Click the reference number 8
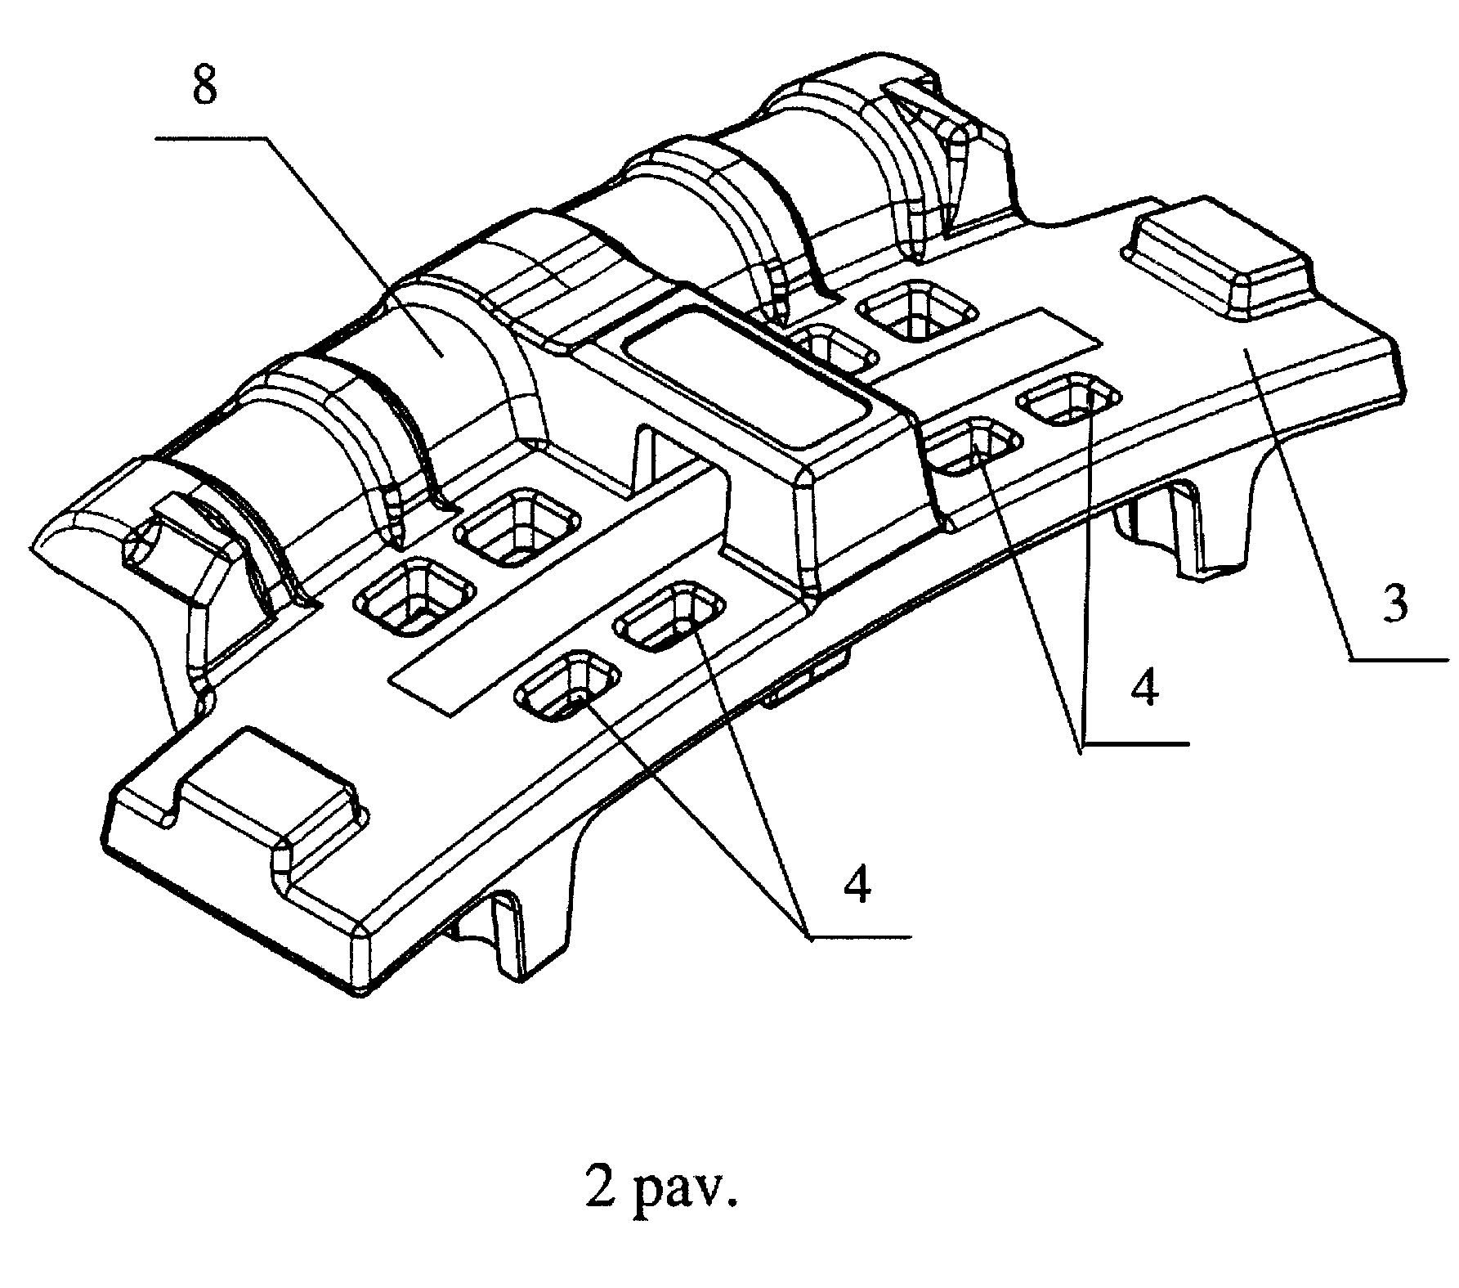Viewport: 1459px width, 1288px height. click(x=204, y=87)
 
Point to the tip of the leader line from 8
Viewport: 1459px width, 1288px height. click(x=443, y=357)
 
